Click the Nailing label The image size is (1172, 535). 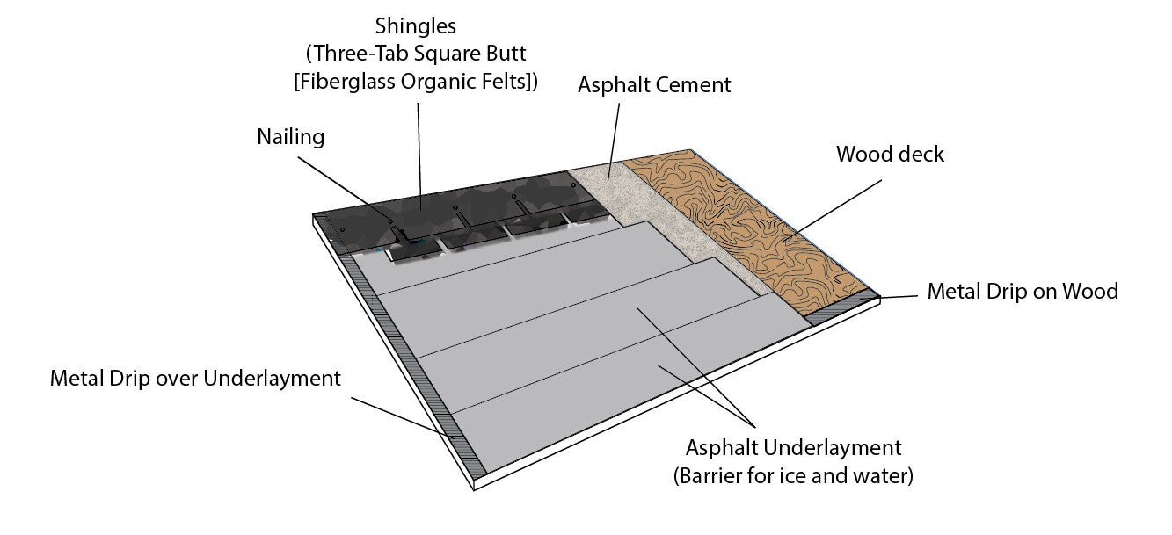[x=290, y=137]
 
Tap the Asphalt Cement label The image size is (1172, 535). [x=654, y=85]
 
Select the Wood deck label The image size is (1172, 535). [x=890, y=155]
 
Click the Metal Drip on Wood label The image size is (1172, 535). [x=1022, y=291]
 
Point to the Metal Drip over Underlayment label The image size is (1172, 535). [x=194, y=379]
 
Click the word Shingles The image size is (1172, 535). [x=417, y=25]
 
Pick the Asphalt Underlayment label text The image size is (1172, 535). [x=793, y=448]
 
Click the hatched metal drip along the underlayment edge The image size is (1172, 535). [x=413, y=369]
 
